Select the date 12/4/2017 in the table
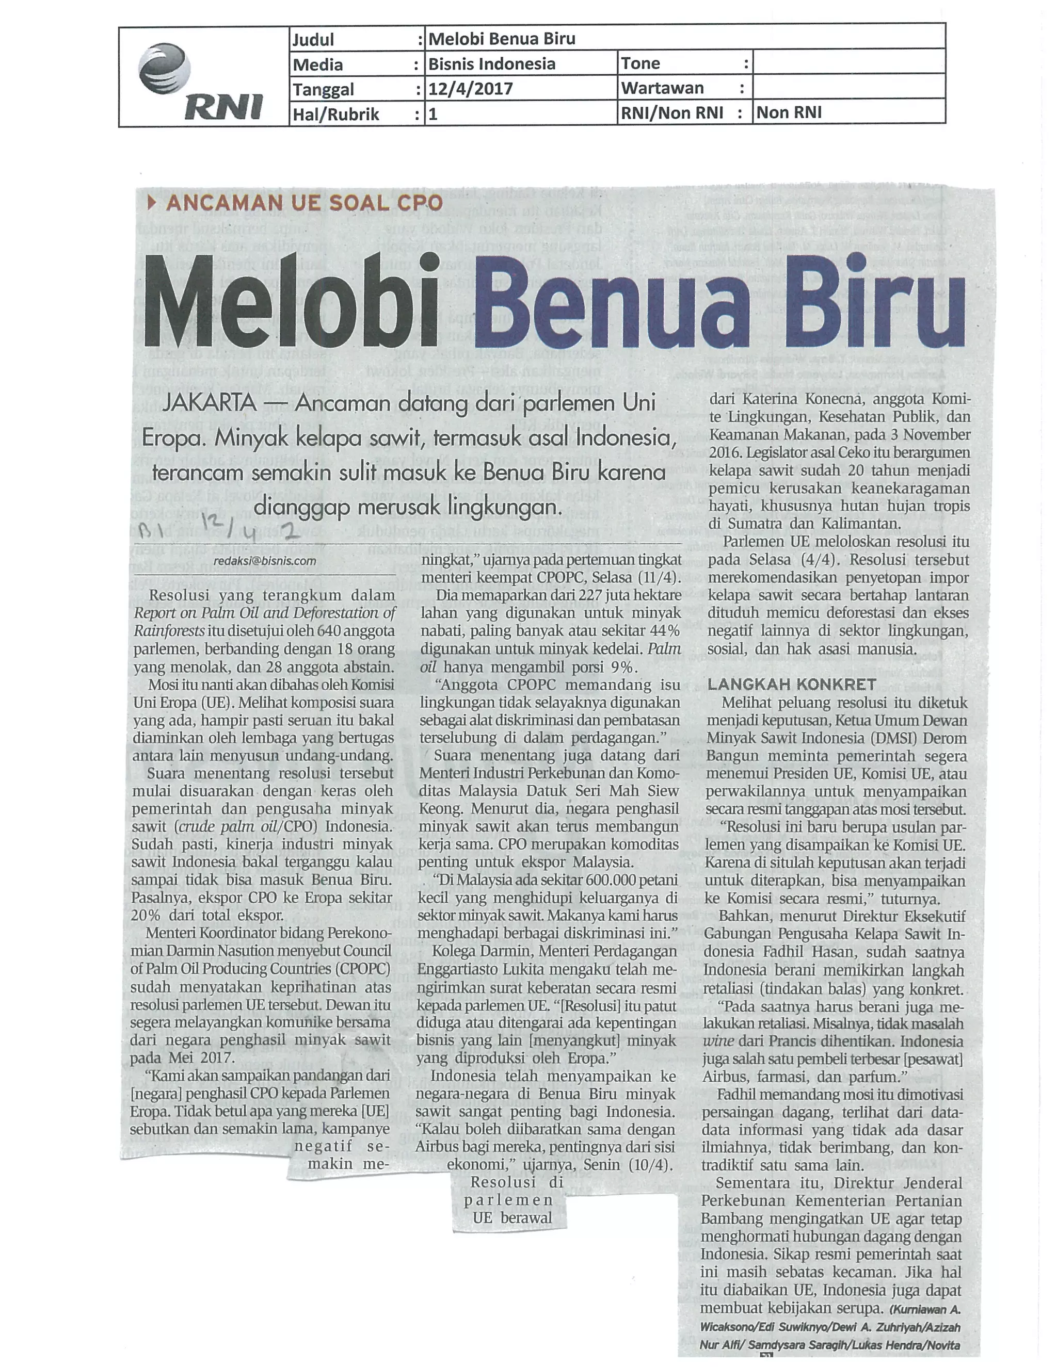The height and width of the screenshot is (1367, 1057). pos(470,89)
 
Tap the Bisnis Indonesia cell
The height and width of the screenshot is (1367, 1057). pos(491,64)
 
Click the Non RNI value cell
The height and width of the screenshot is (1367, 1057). pos(789,112)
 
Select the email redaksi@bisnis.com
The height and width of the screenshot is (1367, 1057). pos(264,561)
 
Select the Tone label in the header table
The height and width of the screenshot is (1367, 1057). pos(640,63)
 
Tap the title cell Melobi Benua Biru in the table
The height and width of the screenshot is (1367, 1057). pos(502,39)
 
